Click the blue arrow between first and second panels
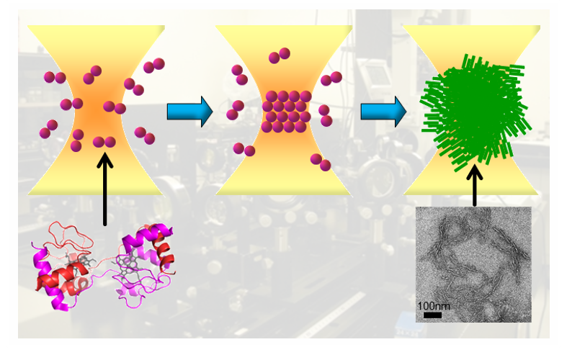(x=190, y=112)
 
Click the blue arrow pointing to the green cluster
(x=384, y=112)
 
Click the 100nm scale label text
(x=434, y=306)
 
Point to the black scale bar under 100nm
(x=432, y=315)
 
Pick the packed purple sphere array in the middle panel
(x=287, y=112)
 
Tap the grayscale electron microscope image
(x=473, y=264)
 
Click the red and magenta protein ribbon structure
(x=104, y=265)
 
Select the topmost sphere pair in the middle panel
(x=280, y=55)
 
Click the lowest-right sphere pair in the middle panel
(x=321, y=162)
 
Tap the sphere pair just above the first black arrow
(x=104, y=142)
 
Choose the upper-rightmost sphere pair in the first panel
(x=154, y=66)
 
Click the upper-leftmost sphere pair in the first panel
(x=55, y=77)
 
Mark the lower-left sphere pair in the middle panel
(x=244, y=149)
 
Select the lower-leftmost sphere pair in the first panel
(x=48, y=129)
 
